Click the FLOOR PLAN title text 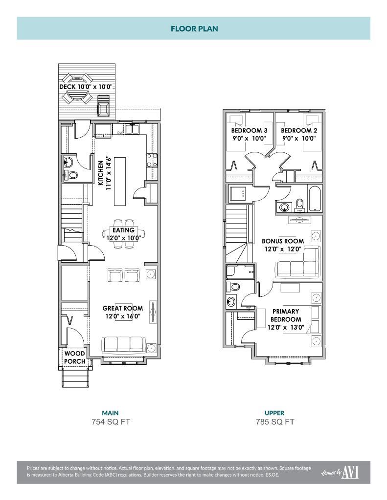pyautogui.click(x=194, y=28)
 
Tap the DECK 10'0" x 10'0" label pyautogui.click(x=86, y=87)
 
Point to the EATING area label pyautogui.click(x=123, y=230)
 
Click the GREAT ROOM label pyautogui.click(x=123, y=308)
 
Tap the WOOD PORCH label pyautogui.click(x=75, y=357)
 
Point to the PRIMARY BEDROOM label pyautogui.click(x=286, y=319)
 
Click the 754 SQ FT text pyautogui.click(x=110, y=422)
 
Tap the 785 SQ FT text pyautogui.click(x=274, y=422)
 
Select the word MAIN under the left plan pyautogui.click(x=110, y=413)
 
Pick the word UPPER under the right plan pyautogui.click(x=274, y=413)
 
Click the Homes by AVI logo pyautogui.click(x=340, y=472)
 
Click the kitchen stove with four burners pyautogui.click(x=152, y=161)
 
